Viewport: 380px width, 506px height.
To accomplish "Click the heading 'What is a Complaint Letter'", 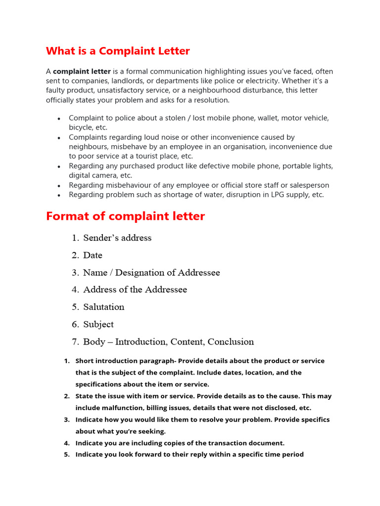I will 118,51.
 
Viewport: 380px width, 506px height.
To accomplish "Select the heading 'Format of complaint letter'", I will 125,216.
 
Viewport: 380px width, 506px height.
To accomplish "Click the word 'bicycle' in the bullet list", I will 81,127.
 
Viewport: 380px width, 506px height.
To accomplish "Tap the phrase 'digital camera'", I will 93,175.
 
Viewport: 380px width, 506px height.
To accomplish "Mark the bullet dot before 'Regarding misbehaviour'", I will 59,186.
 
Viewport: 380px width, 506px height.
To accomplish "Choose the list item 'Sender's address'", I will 117,238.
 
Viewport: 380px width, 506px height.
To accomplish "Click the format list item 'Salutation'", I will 103,307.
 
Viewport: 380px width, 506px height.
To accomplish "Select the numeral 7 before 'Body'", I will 75,341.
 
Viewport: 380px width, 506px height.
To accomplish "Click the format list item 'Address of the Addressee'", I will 135,290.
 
